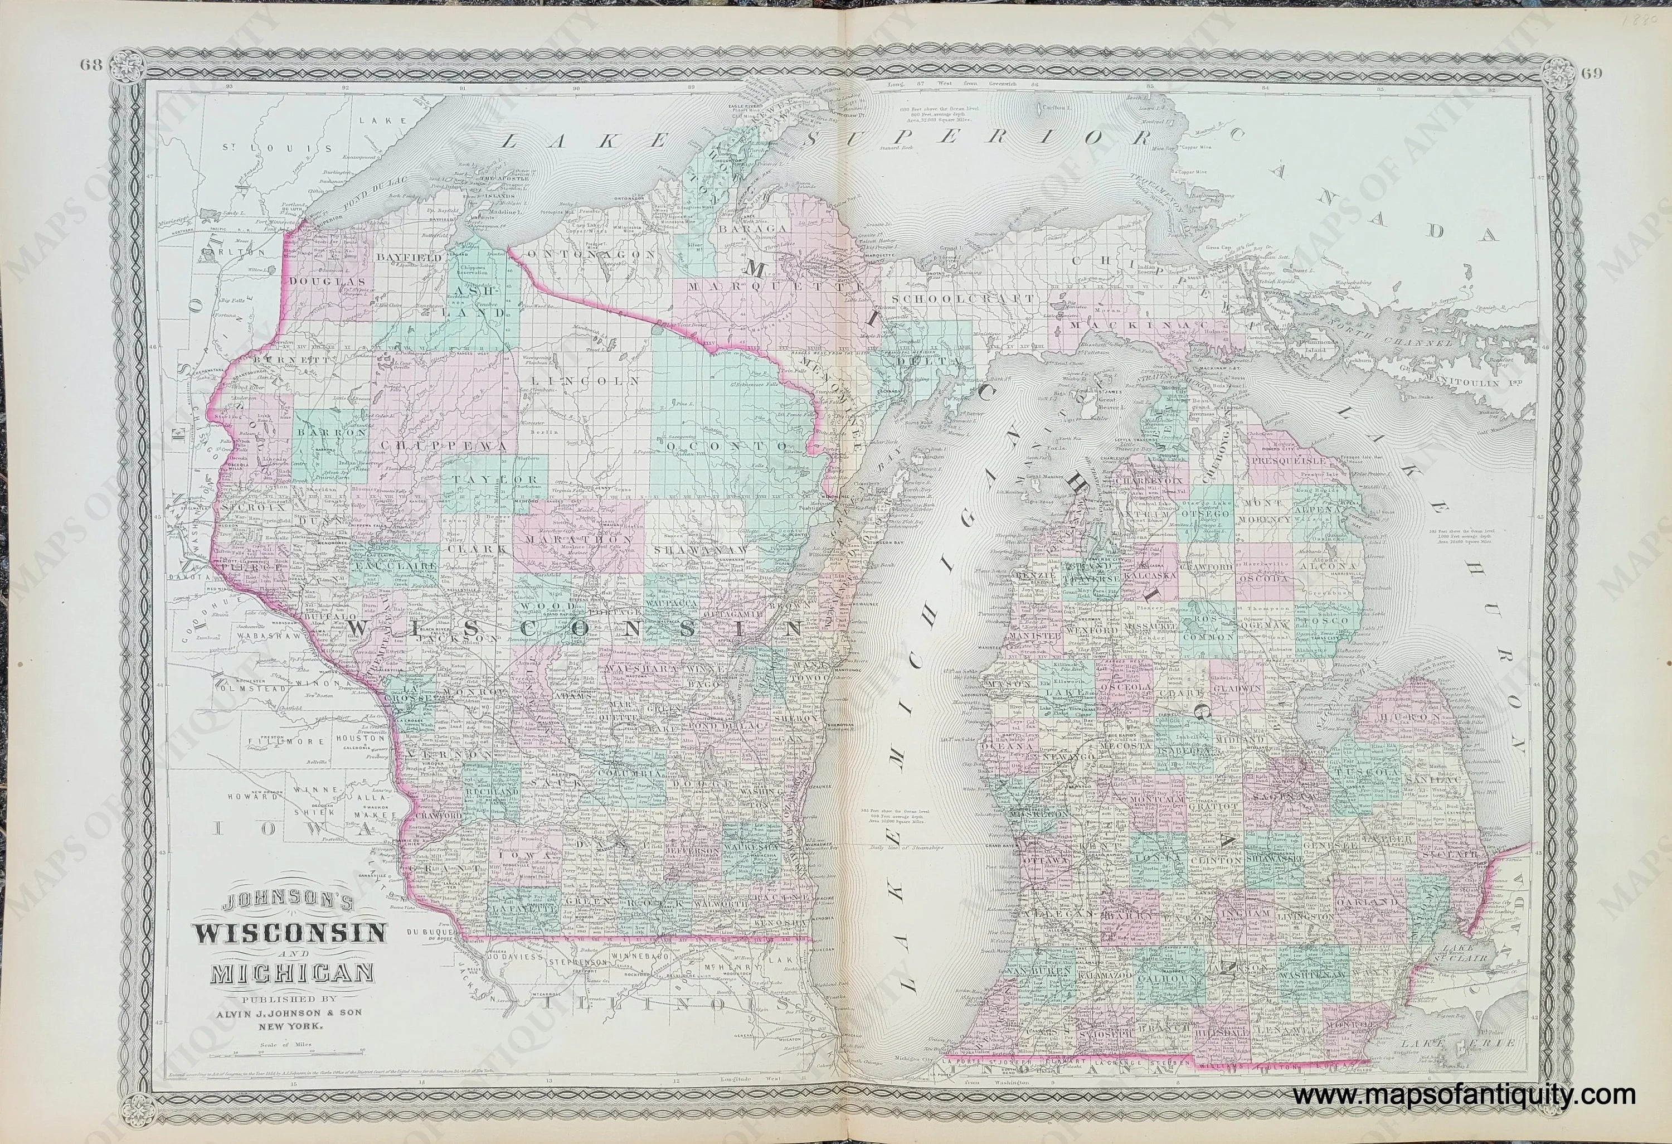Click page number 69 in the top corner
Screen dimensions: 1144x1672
[1583, 71]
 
